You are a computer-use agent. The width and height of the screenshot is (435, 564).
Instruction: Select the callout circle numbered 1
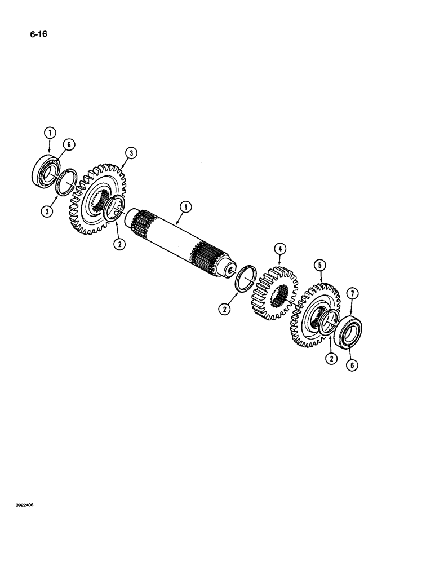click(183, 208)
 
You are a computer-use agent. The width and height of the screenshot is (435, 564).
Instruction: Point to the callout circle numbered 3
click(130, 152)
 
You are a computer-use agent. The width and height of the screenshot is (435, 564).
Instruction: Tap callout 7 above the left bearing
click(50, 133)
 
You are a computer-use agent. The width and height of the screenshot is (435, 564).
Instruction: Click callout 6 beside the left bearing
click(68, 145)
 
